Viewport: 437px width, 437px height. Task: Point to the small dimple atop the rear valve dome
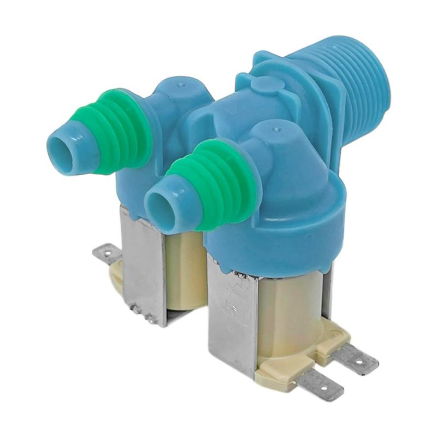coord(181,85)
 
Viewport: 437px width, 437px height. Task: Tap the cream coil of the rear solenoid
coord(186,268)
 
